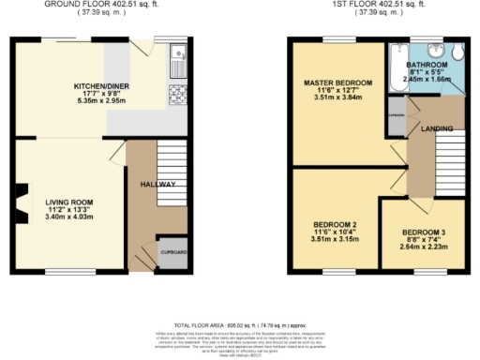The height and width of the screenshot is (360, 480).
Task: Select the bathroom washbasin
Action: coord(434,51)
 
